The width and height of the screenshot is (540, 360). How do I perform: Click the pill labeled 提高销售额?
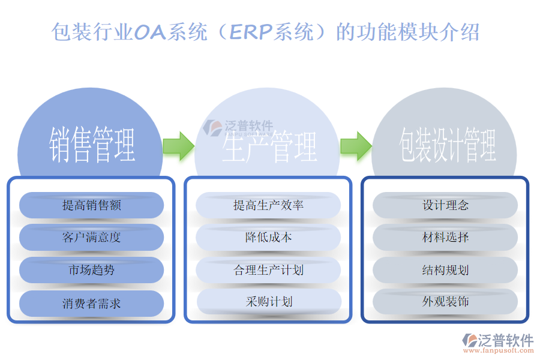tap(92, 205)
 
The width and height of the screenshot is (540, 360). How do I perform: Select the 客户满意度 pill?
tap(92, 237)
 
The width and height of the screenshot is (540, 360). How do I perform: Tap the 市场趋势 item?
tap(92, 270)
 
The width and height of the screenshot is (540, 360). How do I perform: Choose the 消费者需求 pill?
tap(92, 304)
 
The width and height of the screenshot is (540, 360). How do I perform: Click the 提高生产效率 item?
tap(268, 205)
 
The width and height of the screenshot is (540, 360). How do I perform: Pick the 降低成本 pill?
tap(268, 237)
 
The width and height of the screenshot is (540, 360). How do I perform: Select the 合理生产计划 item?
tap(268, 270)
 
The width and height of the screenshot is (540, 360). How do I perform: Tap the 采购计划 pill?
tap(268, 301)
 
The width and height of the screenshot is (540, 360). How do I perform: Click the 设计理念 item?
tap(445, 205)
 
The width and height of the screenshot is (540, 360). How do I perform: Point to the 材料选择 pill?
tap(445, 237)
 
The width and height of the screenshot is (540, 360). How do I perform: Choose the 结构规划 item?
tap(445, 270)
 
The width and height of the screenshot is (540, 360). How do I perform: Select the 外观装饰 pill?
tap(445, 301)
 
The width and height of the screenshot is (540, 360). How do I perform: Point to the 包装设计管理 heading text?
tap(448, 145)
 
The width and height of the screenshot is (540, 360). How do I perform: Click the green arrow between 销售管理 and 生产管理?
tap(178, 145)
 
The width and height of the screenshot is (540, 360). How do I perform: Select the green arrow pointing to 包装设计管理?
tap(355, 145)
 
